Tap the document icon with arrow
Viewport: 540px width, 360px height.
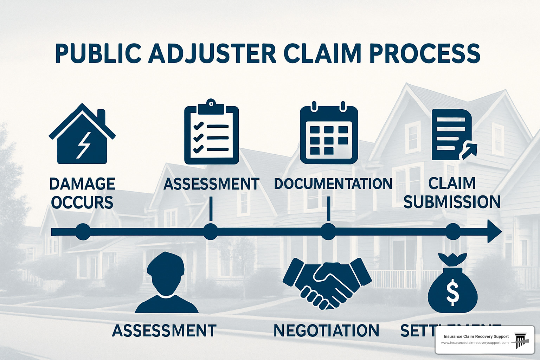pos(452,135)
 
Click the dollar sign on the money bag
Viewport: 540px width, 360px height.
pos(452,292)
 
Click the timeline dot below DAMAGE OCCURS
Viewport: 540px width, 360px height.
pos(83,232)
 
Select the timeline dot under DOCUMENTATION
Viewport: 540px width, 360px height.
pos(328,232)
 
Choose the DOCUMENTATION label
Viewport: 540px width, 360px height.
pos(333,184)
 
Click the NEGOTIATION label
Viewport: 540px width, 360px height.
pos(326,331)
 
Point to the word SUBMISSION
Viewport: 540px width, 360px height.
pos(452,202)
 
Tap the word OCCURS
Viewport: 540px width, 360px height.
pos(82,203)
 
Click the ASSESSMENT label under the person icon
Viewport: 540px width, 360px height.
pos(164,331)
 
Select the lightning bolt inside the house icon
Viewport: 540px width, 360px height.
pos(84,145)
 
